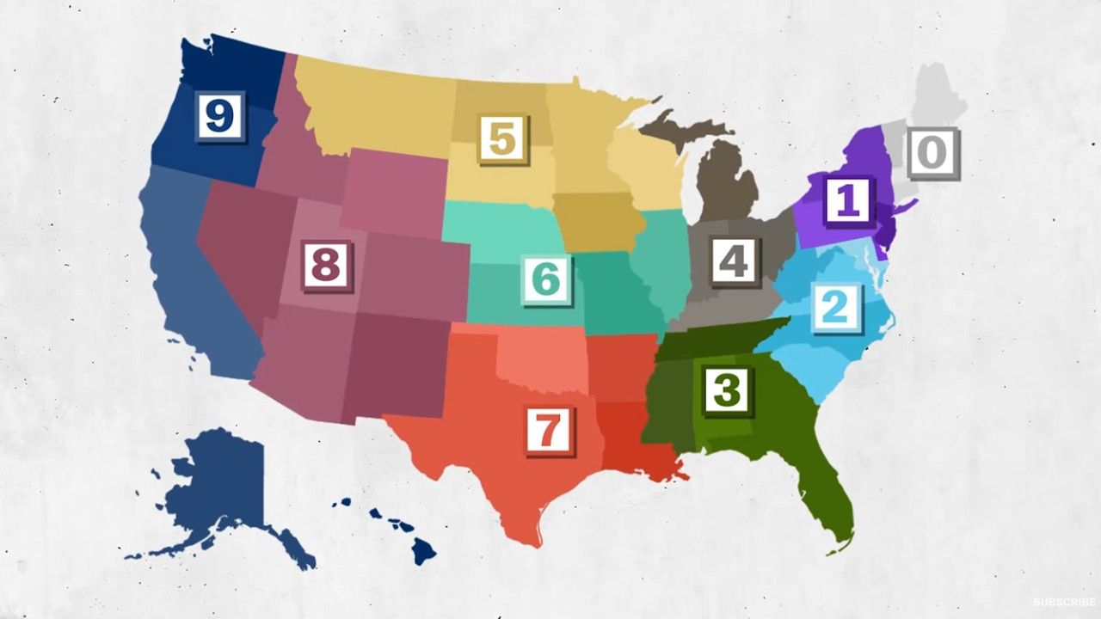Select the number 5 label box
pos(503,138)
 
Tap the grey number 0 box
pos(932,152)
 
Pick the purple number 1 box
pos(848,199)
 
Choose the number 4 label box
pos(733,260)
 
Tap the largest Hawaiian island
pos(421,549)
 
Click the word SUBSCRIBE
pos(1064,602)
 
